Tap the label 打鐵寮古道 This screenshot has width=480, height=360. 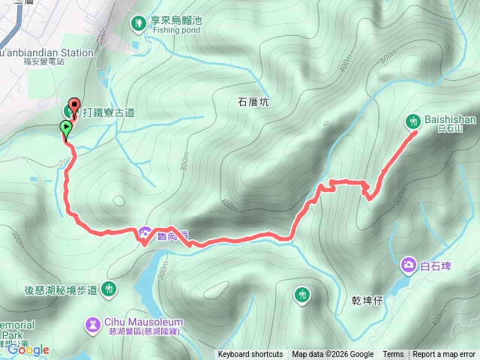109,112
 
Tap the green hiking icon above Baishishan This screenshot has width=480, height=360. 413,120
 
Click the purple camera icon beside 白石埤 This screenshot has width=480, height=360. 409,264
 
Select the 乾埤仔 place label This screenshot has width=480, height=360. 367,299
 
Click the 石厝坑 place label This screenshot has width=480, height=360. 253,102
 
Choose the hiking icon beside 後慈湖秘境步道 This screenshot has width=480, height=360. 109,288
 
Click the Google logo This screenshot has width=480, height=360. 28,349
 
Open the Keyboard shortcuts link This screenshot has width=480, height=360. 250,355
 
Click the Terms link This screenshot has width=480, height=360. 393,355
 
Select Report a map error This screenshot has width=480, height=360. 445,355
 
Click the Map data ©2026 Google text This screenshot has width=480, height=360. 333,355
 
